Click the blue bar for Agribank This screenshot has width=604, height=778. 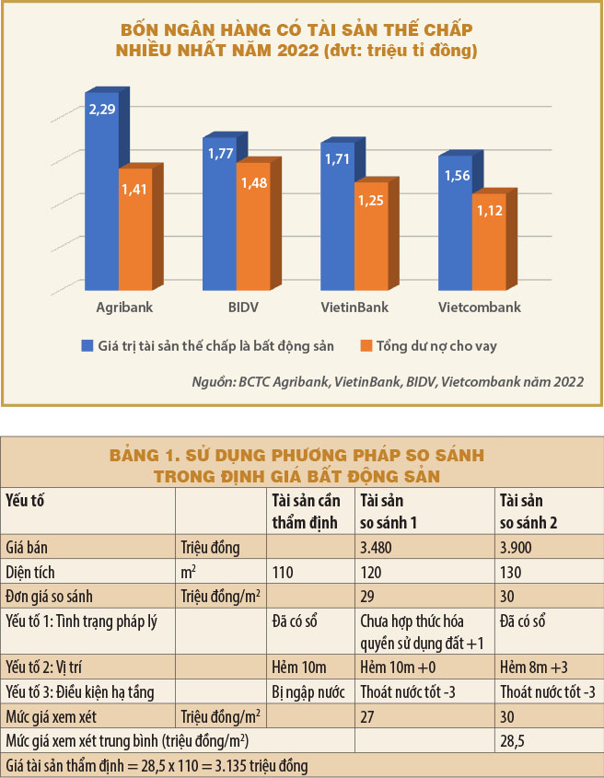click(100, 193)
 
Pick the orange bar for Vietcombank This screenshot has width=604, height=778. click(487, 244)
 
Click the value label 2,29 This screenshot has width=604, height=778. click(101, 110)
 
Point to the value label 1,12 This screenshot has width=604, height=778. click(489, 211)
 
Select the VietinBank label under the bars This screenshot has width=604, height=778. click(354, 308)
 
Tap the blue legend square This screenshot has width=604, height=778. click(87, 345)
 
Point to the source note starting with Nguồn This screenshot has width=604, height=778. click(387, 381)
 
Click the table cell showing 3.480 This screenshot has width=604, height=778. click(377, 548)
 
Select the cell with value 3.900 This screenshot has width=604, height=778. click(517, 548)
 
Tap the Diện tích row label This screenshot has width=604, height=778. click(31, 572)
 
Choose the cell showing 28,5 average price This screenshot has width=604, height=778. click(514, 740)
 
